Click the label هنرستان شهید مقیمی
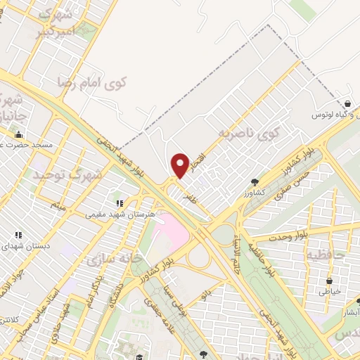click(x=116, y=210)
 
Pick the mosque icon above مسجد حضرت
click(x=18, y=134)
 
